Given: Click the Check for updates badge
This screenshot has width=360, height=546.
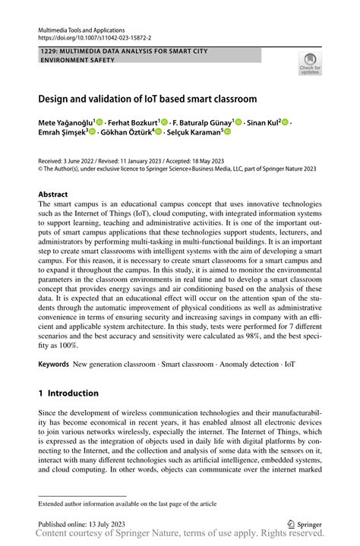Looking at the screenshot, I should tap(310, 64).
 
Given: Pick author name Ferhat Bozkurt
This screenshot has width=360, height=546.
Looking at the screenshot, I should tap(134, 122).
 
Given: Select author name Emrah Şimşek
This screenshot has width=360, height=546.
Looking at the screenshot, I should tap(62, 131).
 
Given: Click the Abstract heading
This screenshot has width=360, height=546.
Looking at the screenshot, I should tap(55, 194).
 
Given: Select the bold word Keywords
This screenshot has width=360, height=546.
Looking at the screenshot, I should tap(53, 365).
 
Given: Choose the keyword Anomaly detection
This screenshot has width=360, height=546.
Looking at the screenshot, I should tap(240, 365).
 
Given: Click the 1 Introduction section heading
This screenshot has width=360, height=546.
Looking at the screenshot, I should tap(68, 393).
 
